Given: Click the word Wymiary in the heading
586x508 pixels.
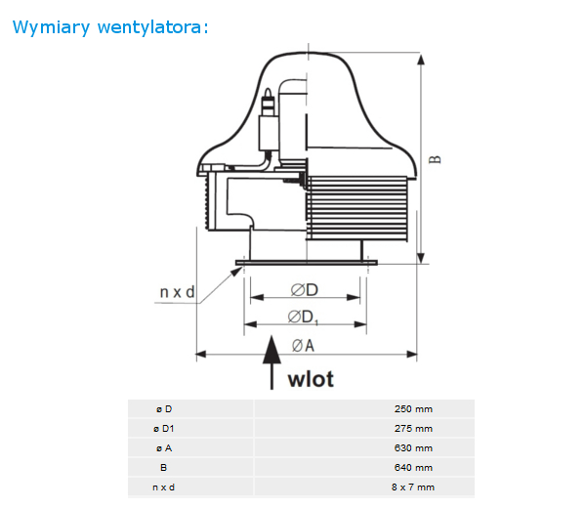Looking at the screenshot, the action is (x=51, y=27).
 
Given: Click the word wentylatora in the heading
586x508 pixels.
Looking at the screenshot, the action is (x=149, y=27).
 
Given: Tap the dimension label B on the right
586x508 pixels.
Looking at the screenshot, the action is (x=435, y=159).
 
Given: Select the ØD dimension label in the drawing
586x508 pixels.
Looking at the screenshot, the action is (x=304, y=290).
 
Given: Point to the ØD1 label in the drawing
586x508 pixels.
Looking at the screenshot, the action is (x=303, y=317).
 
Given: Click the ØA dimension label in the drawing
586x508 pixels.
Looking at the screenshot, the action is (x=303, y=346).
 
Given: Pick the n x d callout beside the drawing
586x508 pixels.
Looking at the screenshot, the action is (x=177, y=292).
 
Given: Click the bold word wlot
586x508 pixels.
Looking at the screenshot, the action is (x=311, y=379).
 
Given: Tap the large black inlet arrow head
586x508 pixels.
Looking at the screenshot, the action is (x=272, y=350).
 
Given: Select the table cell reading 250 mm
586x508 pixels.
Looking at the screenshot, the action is (x=413, y=409).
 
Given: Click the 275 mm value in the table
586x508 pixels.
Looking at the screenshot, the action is (x=413, y=428).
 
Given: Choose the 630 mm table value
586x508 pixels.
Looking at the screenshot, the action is (x=413, y=447).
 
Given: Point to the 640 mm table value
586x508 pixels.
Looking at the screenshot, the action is (x=413, y=467).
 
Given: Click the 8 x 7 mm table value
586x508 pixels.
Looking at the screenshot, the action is (x=413, y=487).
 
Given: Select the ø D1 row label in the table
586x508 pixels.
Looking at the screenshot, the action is (x=164, y=429).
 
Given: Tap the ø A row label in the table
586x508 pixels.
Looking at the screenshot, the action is (x=164, y=448).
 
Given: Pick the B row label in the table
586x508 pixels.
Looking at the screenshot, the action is (x=164, y=468).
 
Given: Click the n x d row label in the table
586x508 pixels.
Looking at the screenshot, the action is (x=163, y=487).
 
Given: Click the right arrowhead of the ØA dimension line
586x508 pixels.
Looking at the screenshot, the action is (x=412, y=354).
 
